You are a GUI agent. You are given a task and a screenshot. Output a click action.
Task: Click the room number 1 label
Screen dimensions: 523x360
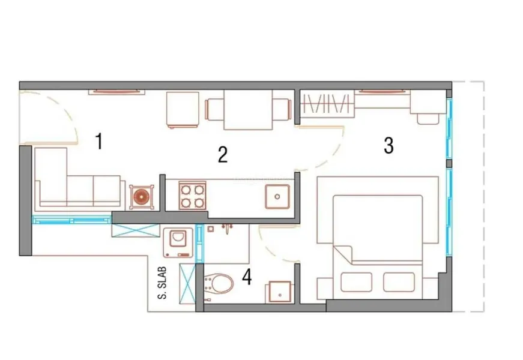98,141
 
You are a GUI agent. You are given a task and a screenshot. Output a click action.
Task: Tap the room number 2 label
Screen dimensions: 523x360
223,154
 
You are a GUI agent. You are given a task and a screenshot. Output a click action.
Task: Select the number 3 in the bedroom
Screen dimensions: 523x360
388,145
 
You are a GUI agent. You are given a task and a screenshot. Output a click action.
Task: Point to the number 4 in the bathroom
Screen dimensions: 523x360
247,277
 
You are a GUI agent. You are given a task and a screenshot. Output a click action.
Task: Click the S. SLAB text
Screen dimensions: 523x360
162,283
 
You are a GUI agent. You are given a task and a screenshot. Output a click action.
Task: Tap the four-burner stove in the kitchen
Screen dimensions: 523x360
193,196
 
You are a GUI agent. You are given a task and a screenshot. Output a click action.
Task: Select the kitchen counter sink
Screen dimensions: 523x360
277,197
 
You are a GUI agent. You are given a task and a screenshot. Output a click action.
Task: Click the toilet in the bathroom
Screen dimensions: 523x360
219,284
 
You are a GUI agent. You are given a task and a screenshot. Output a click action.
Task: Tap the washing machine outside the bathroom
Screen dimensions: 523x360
178,242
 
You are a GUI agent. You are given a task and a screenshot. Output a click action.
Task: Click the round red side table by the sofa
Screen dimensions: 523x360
142,197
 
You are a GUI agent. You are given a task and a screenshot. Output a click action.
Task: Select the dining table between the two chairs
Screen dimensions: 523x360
248,110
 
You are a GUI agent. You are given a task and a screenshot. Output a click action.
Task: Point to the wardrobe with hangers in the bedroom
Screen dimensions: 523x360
325,104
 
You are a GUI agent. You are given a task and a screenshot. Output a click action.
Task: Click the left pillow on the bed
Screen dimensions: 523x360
356,282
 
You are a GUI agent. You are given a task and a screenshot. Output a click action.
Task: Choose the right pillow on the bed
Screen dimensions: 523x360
399,282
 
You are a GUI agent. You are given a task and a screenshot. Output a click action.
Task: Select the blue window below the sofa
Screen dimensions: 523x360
71,220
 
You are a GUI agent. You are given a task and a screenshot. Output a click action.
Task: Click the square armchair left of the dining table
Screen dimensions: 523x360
183,110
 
